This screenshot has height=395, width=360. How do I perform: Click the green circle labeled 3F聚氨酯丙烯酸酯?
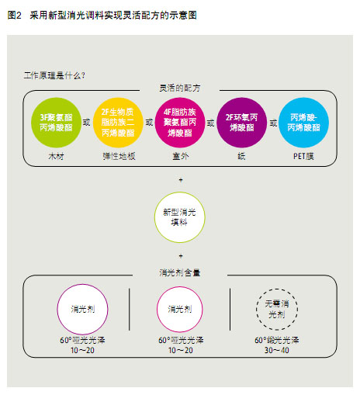(56, 123)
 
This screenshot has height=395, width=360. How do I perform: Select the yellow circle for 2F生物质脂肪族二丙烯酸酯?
(118, 123)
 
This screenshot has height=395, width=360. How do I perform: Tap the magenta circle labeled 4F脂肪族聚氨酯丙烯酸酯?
(180, 123)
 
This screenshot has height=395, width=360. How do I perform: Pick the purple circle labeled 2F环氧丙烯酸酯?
(242, 123)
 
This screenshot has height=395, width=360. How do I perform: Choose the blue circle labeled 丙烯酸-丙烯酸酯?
(304, 123)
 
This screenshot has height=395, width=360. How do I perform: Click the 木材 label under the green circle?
(56, 157)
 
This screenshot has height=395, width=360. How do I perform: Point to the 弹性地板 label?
(119, 156)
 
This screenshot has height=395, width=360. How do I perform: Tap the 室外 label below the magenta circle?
(181, 156)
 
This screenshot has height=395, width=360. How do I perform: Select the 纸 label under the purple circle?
(241, 156)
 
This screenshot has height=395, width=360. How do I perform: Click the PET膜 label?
(303, 156)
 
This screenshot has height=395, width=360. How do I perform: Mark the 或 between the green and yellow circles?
(87, 122)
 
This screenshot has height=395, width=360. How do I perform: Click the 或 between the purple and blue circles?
(273, 123)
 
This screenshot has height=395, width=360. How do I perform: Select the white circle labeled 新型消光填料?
(180, 217)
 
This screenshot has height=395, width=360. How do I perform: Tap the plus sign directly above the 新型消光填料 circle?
(181, 180)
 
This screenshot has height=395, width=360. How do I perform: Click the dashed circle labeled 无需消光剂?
(277, 289)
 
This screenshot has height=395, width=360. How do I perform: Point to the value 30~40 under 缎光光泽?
(277, 350)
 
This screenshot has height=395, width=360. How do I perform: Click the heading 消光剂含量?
(180, 272)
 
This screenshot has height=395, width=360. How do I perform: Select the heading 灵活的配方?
(180, 88)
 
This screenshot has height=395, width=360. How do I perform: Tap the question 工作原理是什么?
(54, 75)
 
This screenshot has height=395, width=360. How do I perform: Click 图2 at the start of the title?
(15, 16)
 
